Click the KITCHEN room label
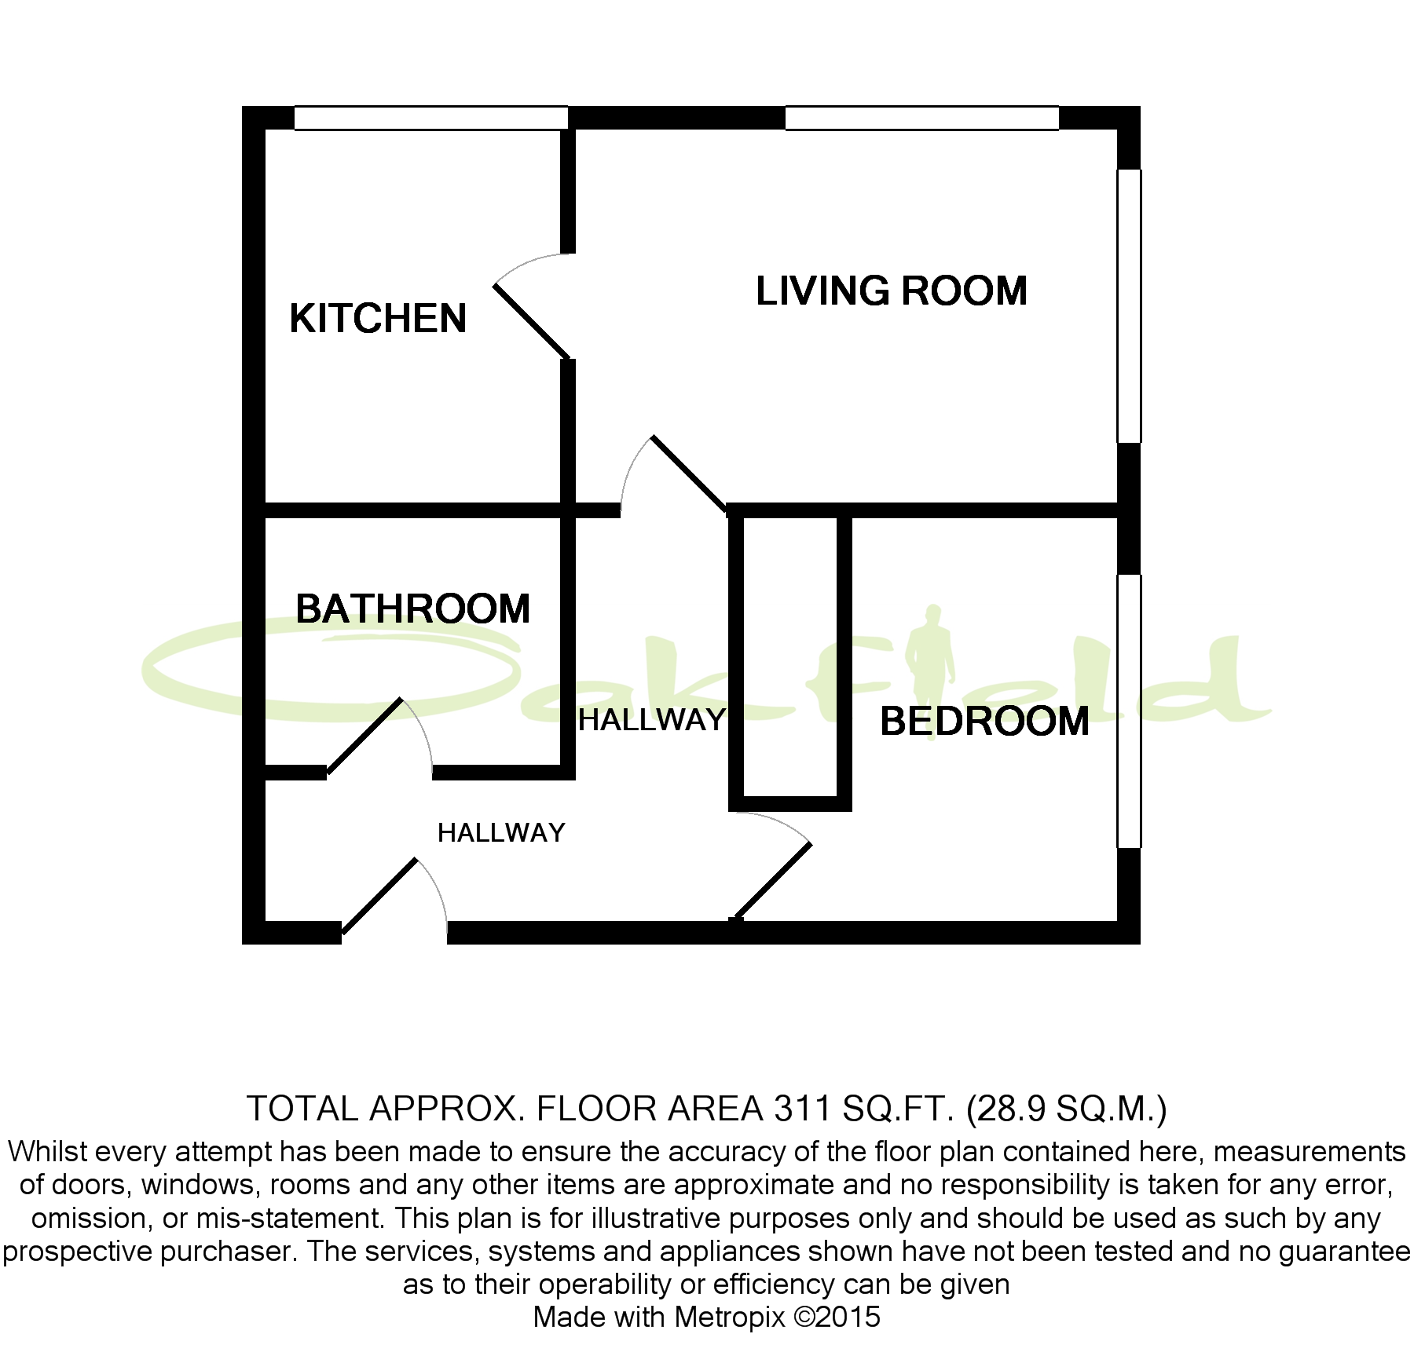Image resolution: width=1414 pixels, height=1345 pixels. [x=378, y=319]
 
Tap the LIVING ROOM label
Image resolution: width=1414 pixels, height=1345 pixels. [x=891, y=291]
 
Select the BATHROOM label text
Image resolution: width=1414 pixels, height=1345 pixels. [x=412, y=609]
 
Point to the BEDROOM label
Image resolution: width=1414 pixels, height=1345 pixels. [x=984, y=722]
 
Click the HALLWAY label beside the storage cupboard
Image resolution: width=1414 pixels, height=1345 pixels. [x=651, y=720]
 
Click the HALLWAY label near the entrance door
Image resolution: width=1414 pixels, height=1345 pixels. [x=501, y=833]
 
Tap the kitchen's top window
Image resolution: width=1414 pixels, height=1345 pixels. [x=430, y=118]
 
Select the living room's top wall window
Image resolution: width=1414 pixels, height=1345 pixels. [x=921, y=118]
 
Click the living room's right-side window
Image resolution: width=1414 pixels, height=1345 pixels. [x=1129, y=305]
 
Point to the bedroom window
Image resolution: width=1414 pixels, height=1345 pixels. [x=1129, y=711]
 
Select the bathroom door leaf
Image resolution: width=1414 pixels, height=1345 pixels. [x=364, y=736]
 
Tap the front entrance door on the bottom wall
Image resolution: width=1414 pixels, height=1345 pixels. [x=379, y=897]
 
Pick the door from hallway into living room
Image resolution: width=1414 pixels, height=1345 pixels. [x=689, y=474]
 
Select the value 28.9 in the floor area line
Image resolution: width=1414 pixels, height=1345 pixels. [x=1008, y=1109]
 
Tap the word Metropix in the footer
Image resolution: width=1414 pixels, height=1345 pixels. [x=729, y=1317]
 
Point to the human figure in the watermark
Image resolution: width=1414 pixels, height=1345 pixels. [x=932, y=652]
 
